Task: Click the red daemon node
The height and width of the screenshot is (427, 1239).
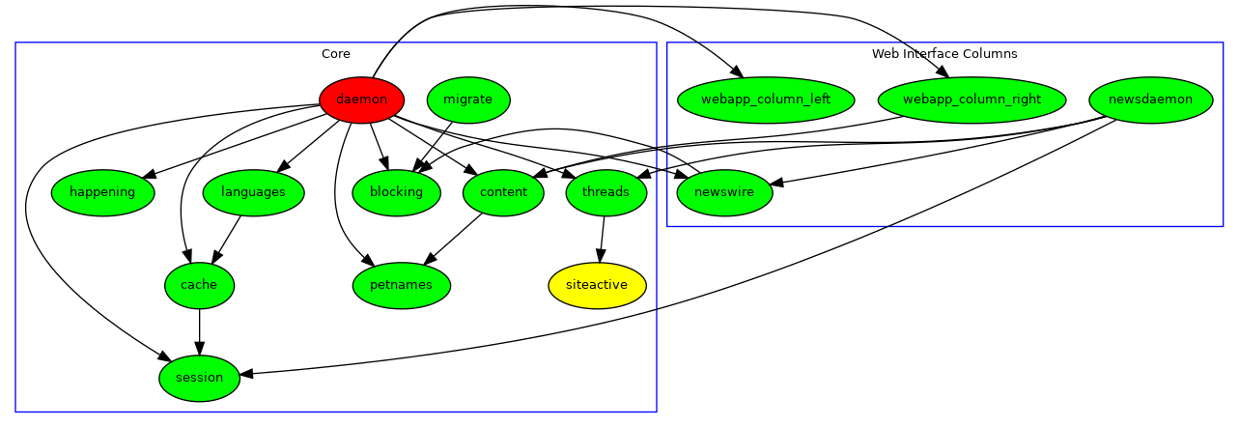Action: (361, 100)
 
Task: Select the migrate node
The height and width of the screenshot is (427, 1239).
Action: (467, 100)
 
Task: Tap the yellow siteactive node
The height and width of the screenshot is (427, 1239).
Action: (597, 285)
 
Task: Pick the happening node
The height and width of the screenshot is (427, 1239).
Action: (103, 192)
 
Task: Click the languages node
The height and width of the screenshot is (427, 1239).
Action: (253, 192)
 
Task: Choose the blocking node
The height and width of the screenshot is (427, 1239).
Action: (396, 192)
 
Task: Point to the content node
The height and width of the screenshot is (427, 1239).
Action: (503, 192)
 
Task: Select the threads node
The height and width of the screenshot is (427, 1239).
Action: (605, 192)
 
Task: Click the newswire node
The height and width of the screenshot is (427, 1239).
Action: (724, 192)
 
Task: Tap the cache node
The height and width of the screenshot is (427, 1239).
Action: (199, 285)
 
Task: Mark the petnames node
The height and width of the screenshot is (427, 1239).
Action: (402, 285)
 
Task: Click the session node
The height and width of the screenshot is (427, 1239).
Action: (199, 378)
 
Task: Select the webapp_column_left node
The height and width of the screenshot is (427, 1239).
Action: (766, 100)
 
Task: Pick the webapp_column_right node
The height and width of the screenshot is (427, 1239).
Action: (971, 100)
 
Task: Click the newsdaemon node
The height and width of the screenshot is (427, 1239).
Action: (1150, 100)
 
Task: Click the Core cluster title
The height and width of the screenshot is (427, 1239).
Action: (336, 54)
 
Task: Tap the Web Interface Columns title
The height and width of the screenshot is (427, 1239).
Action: (944, 54)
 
